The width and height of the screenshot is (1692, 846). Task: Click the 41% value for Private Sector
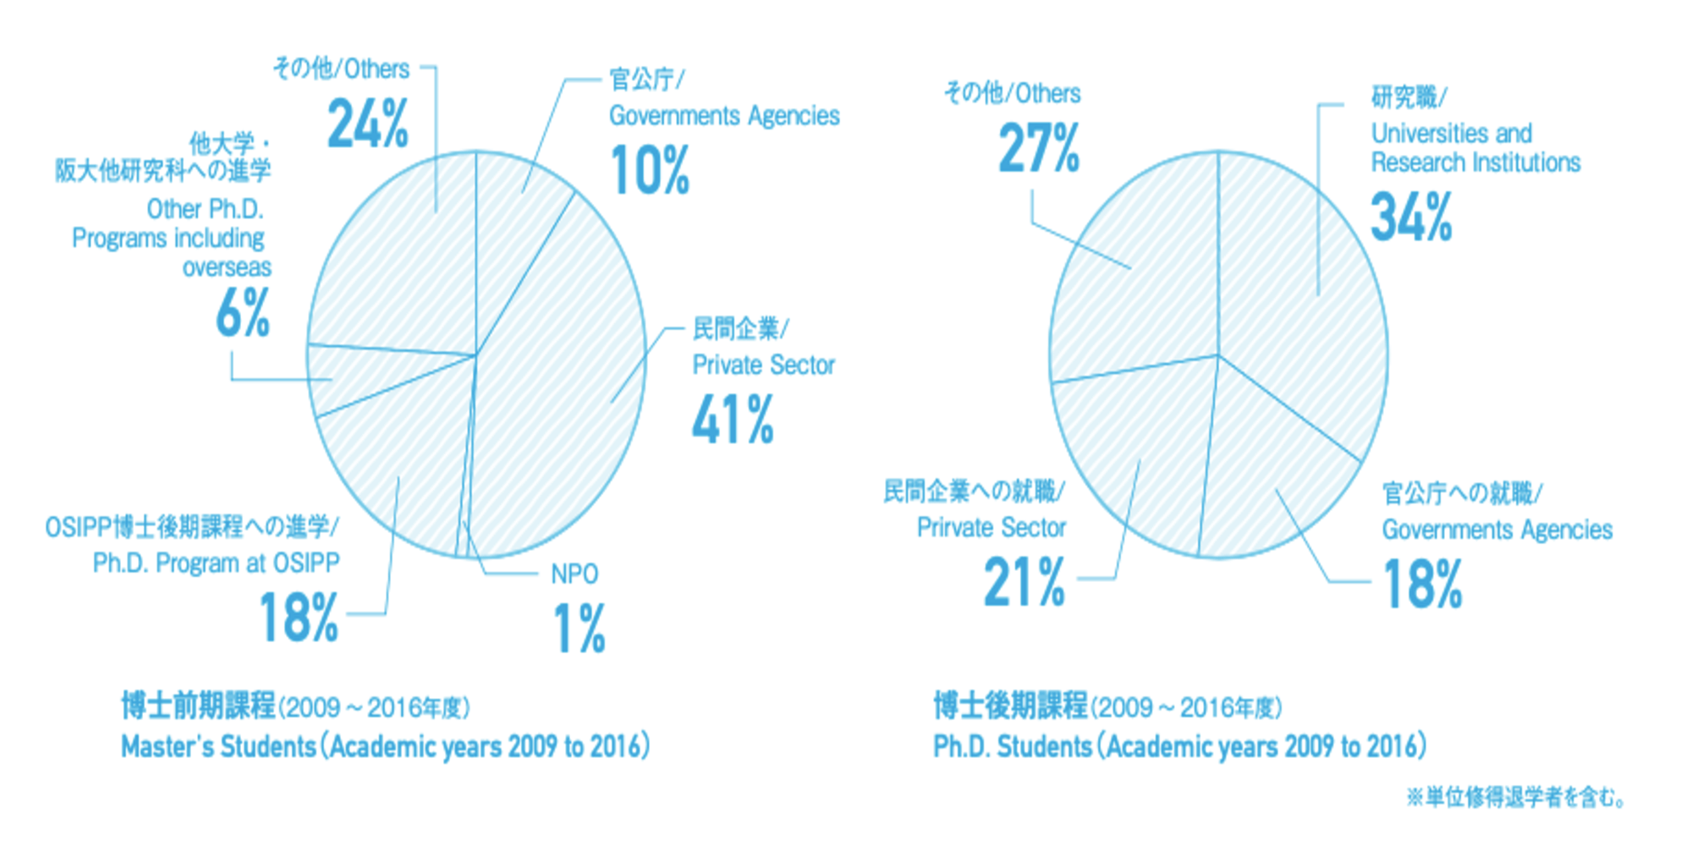[x=733, y=420]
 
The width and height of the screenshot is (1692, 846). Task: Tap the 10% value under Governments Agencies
[x=650, y=170]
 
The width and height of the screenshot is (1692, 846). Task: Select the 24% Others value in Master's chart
[x=368, y=124]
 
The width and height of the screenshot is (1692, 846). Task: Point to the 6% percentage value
[x=243, y=313]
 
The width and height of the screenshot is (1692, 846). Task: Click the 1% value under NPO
[x=580, y=628]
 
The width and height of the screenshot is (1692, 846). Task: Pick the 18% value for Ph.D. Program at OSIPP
[x=299, y=617]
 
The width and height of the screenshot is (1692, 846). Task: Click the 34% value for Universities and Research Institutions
[x=1411, y=217]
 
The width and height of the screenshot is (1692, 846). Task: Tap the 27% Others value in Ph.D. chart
[x=1039, y=148]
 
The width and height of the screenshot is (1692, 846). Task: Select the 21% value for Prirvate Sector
[x=1024, y=582]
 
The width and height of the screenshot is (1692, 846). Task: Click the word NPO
[x=574, y=574]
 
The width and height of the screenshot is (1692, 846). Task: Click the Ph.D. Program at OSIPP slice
[x=389, y=474]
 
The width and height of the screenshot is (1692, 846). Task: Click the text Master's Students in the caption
[x=218, y=746]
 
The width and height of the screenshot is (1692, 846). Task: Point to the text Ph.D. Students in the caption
[x=1013, y=746]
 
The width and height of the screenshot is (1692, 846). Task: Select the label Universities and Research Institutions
[x=1475, y=147]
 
